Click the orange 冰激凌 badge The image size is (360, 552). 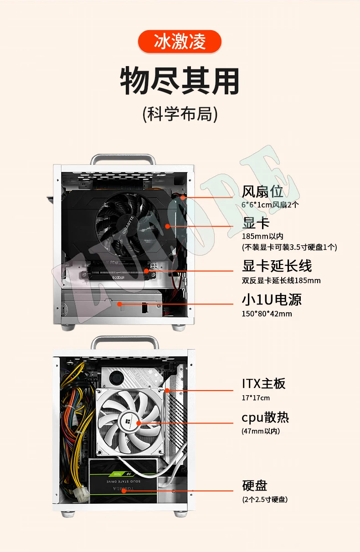[180, 41]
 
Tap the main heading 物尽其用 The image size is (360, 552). [180, 81]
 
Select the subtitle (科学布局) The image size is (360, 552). [180, 114]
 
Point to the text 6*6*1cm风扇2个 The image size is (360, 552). [270, 205]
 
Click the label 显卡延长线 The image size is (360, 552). [277, 266]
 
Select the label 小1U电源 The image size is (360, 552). [272, 299]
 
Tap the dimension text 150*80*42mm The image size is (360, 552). [267, 314]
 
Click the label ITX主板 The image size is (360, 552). [263, 383]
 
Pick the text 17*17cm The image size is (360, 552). [256, 398]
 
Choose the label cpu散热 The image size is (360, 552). [265, 417]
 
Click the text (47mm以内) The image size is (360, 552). [261, 431]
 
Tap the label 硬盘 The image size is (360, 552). [255, 485]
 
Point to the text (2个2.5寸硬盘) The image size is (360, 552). [265, 500]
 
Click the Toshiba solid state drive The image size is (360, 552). [123, 481]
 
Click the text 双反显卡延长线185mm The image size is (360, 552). [281, 280]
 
